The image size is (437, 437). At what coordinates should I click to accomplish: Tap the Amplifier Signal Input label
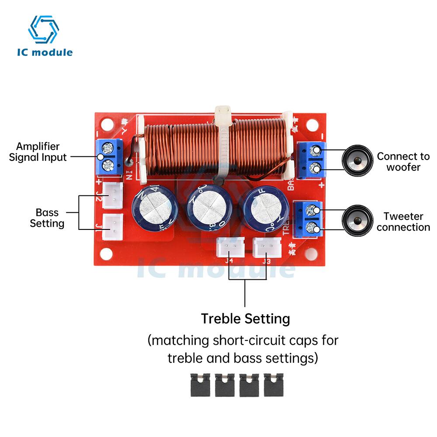pyautogui.click(x=38, y=152)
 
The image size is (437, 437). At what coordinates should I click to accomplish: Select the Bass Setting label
pyautogui.click(x=47, y=218)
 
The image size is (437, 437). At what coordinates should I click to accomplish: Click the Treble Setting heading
pyautogui.click(x=245, y=319)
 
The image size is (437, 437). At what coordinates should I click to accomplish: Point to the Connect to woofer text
pyautogui.click(x=403, y=162)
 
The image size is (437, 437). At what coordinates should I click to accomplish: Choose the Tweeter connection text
pyautogui.click(x=403, y=222)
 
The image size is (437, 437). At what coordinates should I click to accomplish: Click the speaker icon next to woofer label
pyautogui.click(x=357, y=161)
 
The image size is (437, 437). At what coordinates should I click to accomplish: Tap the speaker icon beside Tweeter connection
pyautogui.click(x=357, y=222)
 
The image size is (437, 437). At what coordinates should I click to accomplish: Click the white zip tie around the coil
pyautogui.click(x=222, y=144)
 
